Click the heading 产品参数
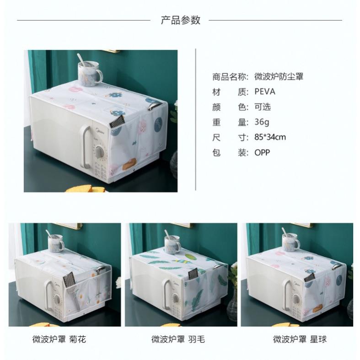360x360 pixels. pyautogui.click(x=181, y=20)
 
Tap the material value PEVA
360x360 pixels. pyautogui.click(x=265, y=91)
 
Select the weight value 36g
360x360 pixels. pyautogui.click(x=262, y=122)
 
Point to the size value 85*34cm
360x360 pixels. pyautogui.click(x=270, y=137)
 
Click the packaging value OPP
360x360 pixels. pyautogui.click(x=262, y=152)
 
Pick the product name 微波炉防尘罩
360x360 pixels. pyautogui.click(x=279, y=77)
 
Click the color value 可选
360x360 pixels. pyautogui.click(x=263, y=107)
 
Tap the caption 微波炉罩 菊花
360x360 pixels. pyautogui.click(x=59, y=339)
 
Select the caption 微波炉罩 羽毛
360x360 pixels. pyautogui.click(x=178, y=339)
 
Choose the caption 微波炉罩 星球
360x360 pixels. pyautogui.click(x=300, y=339)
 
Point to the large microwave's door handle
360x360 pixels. pyautogui.click(x=86, y=147)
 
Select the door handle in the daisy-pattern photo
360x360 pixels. pyautogui.click(x=49, y=296)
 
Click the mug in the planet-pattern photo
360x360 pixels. pyautogui.click(x=290, y=243)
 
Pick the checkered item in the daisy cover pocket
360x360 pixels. pyautogui.click(x=69, y=280)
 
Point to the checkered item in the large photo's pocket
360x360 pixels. pyautogui.click(x=117, y=124)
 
